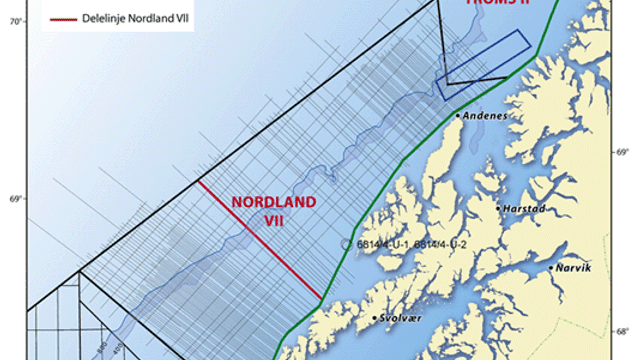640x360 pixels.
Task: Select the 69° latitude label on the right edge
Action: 621,152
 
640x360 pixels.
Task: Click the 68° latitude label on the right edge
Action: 621,332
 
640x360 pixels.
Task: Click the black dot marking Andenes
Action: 458,115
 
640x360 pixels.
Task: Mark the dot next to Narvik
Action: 551,268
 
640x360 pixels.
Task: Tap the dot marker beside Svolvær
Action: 375,319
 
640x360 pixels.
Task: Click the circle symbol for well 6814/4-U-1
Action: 346,244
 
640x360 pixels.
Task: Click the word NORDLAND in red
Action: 274,202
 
